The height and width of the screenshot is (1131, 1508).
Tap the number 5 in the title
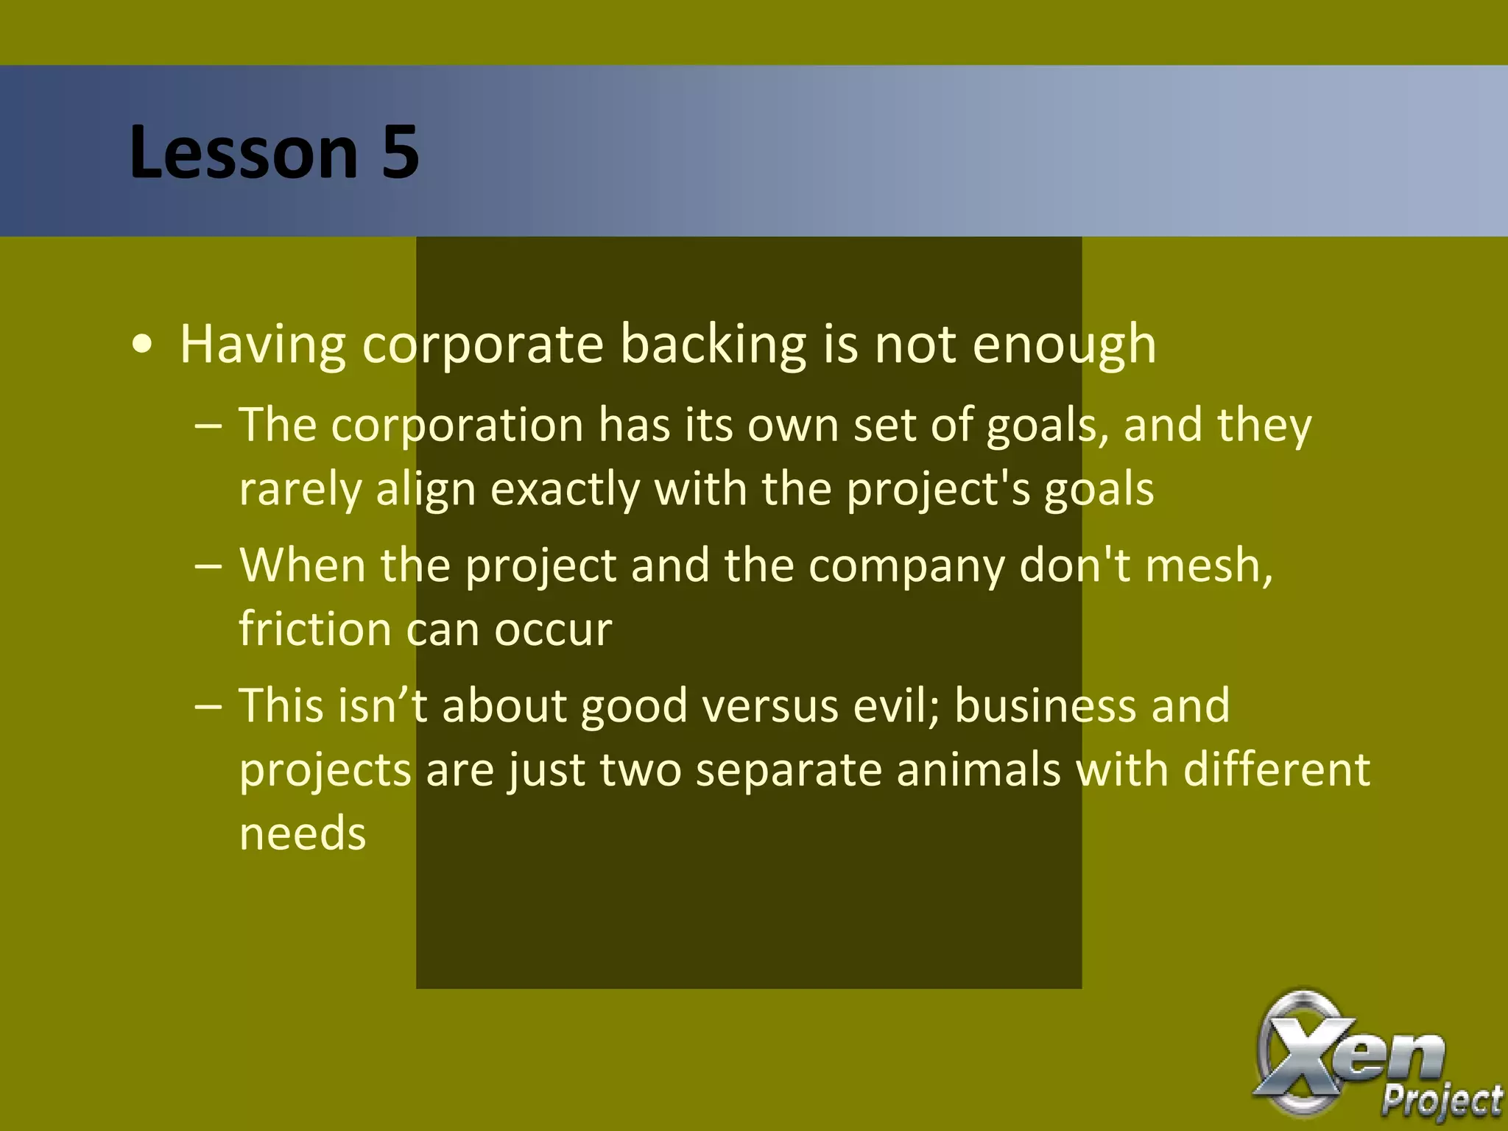(401, 152)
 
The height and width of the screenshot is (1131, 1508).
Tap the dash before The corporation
(208, 426)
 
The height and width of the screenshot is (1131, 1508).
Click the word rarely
(300, 490)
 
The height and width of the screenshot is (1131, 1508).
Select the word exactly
(565, 490)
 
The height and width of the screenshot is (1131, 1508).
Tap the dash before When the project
(208, 566)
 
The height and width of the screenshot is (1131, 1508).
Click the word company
(906, 566)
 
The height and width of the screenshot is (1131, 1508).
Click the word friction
(314, 630)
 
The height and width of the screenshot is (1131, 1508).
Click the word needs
(303, 834)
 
